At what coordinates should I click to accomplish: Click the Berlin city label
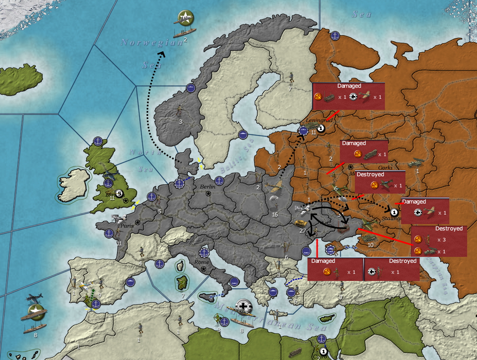click(x=207, y=187)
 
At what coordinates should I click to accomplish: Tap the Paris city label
click(x=128, y=226)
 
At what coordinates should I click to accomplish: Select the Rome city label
click(x=202, y=262)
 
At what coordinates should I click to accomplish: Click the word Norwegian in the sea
click(x=147, y=43)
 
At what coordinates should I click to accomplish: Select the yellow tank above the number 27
click(x=301, y=223)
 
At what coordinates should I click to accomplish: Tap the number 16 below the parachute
click(x=275, y=215)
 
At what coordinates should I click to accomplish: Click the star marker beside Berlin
click(x=208, y=194)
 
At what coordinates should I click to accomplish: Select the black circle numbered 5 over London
click(x=119, y=193)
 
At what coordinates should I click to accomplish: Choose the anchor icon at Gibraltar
click(x=96, y=303)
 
